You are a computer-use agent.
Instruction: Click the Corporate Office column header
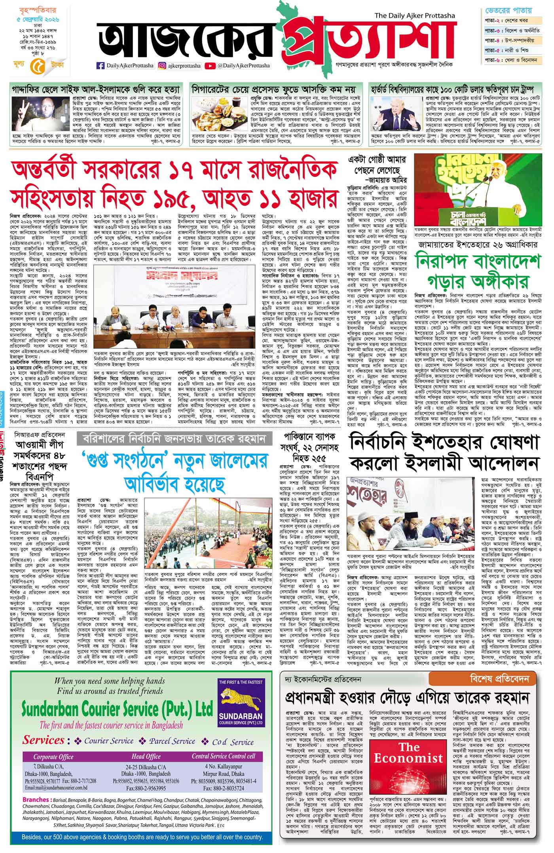point(53,757)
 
